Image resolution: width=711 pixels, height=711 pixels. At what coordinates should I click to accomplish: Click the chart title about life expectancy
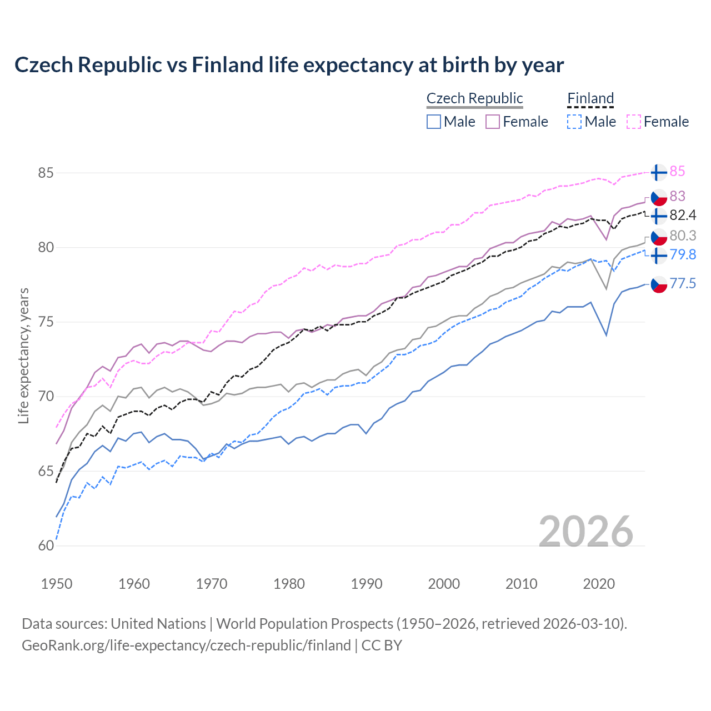(289, 65)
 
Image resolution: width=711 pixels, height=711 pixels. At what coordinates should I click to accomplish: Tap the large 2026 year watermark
(586, 532)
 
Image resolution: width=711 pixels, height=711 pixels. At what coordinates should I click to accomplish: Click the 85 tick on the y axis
(46, 173)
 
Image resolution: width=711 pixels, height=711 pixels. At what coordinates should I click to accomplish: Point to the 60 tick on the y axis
(46, 545)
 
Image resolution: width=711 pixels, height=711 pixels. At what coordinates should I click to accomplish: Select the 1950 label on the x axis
(57, 584)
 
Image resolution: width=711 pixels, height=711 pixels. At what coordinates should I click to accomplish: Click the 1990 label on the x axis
(367, 584)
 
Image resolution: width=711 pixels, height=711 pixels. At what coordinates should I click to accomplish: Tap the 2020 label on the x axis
(599, 584)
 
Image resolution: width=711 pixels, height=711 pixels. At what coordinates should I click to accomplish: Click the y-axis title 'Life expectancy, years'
(23, 355)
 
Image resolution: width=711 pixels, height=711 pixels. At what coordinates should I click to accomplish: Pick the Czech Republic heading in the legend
(474, 98)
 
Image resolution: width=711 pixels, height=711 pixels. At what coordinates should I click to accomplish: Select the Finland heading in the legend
(590, 98)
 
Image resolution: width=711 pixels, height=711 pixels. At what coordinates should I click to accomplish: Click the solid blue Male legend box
(434, 122)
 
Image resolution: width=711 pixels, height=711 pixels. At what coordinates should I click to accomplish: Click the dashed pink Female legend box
(634, 122)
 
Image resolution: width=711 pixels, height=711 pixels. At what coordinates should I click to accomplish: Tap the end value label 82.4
(683, 215)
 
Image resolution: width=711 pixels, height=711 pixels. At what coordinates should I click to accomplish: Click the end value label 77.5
(683, 284)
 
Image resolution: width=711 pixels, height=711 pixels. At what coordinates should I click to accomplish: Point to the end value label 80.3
(683, 236)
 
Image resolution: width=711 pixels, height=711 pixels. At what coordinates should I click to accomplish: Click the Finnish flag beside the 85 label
(658, 172)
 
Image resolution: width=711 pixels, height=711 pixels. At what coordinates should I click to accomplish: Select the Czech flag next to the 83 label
(658, 197)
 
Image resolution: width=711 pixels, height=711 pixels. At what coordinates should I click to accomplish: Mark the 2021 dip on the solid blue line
(606, 335)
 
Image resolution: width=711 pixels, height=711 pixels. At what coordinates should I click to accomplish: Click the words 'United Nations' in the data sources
(158, 624)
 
